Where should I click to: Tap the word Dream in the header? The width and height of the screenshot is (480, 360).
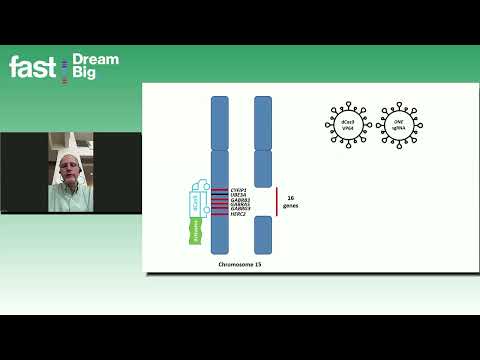[96, 60]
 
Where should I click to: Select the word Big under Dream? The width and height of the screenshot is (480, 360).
[84, 74]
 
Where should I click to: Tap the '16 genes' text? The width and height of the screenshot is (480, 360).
[291, 201]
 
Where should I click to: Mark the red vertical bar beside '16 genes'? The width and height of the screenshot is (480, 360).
[277, 201]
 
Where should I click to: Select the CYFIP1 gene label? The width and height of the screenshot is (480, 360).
[238, 188]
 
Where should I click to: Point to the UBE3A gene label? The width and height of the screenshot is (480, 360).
[238, 194]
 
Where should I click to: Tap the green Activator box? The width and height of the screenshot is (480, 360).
[196, 233]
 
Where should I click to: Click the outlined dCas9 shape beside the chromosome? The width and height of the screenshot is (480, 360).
[196, 205]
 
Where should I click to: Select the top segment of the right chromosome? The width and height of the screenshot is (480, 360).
[263, 121]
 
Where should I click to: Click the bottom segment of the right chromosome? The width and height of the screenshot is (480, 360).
[263, 234]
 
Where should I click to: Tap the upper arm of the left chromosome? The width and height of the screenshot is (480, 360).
[220, 121]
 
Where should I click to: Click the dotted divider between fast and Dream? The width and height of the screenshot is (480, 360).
[64, 67]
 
